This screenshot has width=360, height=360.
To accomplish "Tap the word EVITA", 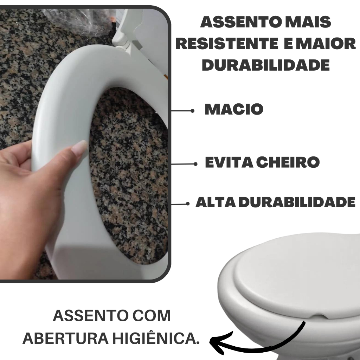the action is point(229,162).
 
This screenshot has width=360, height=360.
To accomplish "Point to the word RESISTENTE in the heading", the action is point(228,44).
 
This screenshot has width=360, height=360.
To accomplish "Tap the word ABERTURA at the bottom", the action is point(65,338).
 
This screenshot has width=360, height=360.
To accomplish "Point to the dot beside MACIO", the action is point(192,111).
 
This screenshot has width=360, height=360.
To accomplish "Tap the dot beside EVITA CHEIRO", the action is point(195,164).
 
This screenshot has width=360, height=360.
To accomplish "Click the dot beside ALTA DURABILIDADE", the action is point(188,204).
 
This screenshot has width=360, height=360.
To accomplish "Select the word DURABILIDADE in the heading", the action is point(266,65).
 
